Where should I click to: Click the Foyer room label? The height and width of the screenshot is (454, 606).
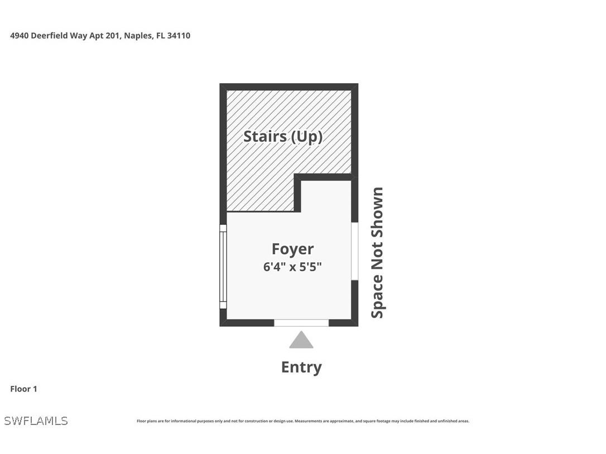[x=292, y=249]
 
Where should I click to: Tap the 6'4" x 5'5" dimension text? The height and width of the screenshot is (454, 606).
[x=292, y=267]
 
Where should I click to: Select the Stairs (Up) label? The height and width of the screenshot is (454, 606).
[x=283, y=136]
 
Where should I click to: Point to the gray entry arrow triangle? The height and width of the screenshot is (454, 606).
[x=301, y=341]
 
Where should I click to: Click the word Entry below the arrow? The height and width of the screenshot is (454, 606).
[x=301, y=367]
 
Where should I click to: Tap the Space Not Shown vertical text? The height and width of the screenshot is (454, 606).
[x=378, y=253]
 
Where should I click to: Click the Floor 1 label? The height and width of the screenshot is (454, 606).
[x=23, y=389]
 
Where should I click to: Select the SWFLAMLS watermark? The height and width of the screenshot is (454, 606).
[x=36, y=421]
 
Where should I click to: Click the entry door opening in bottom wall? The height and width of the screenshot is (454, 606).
[x=301, y=322]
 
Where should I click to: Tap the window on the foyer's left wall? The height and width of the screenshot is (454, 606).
[x=223, y=267]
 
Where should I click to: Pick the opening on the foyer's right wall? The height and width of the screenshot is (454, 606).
[x=354, y=251]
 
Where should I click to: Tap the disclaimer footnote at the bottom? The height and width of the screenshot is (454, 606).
[x=303, y=421]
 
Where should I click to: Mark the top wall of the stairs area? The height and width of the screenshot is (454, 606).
[x=288, y=87]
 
